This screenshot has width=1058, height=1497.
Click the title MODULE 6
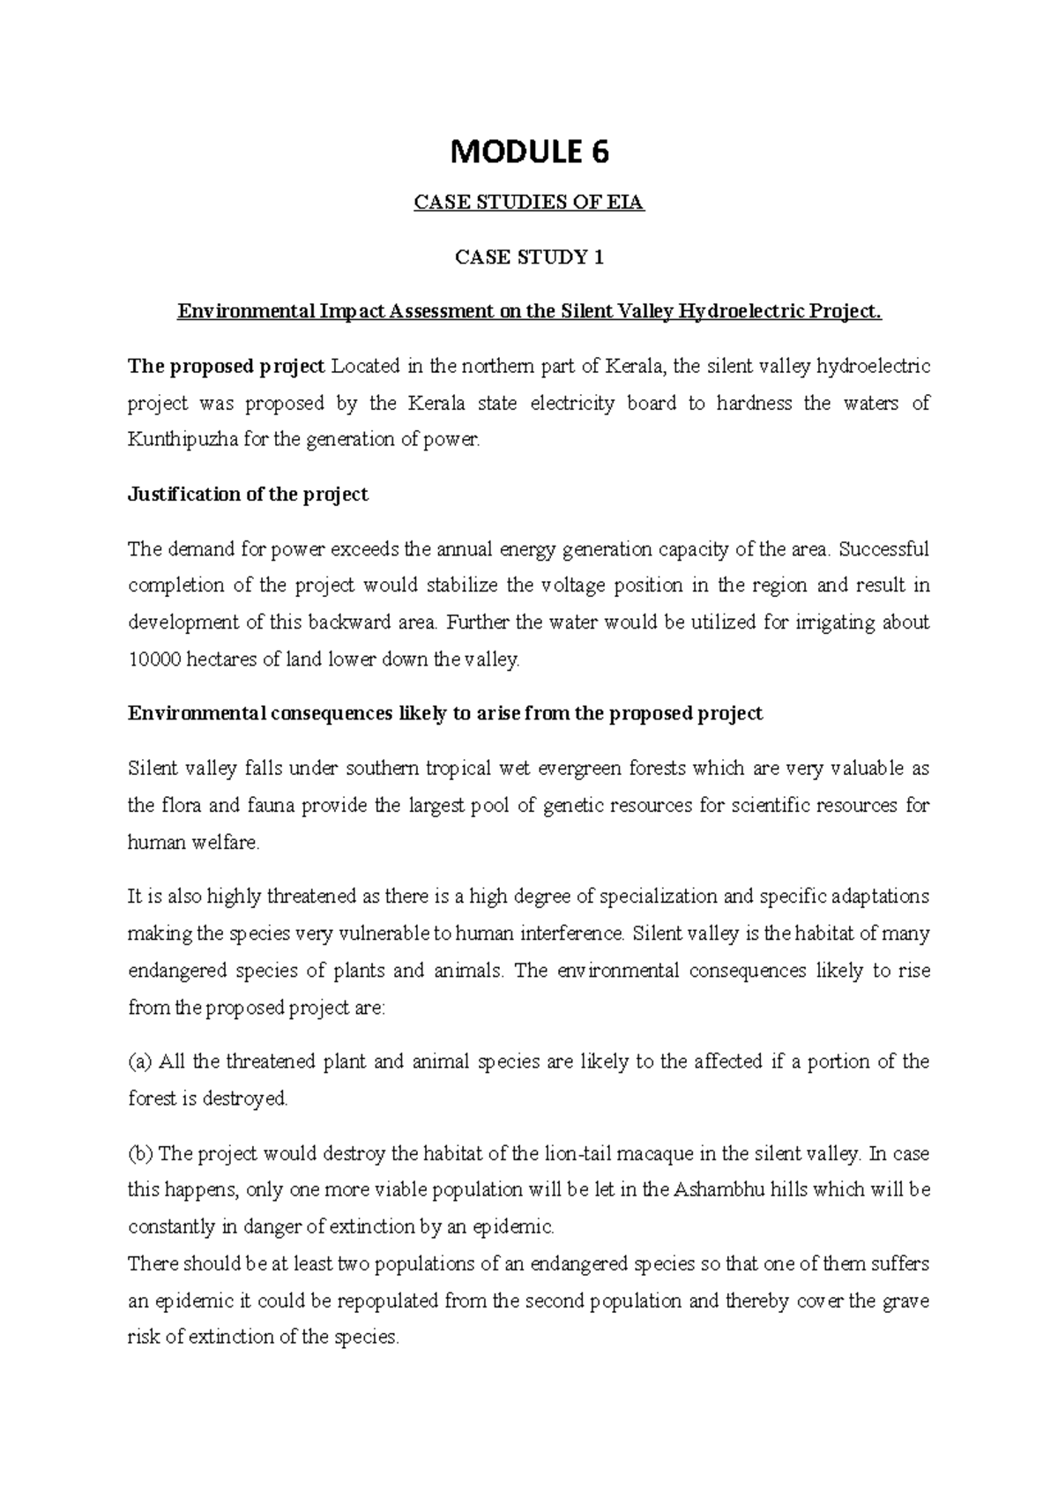[529, 153]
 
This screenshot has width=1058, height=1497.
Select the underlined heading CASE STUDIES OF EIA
[529, 204]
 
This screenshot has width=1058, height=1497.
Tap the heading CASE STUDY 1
[529, 257]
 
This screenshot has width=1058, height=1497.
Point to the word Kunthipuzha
[176, 439]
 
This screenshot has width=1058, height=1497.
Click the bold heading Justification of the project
[248, 495]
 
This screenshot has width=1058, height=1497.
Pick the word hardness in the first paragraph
[747, 403]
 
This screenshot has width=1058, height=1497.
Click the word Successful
[884, 550]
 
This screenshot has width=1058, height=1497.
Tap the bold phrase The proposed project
[227, 366]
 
